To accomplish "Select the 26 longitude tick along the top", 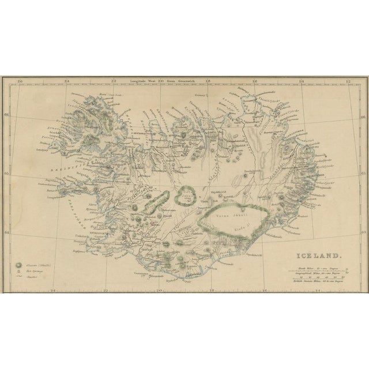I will pyautogui.click(x=21, y=81).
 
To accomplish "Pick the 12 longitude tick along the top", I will pyautogui.click(x=347, y=81).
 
